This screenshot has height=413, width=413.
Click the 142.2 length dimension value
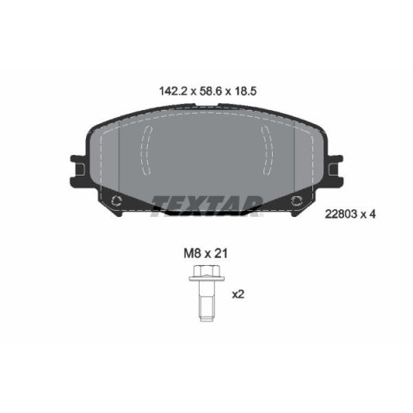pyautogui.click(x=173, y=91)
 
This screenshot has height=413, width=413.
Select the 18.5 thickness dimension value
pyautogui.click(x=245, y=91)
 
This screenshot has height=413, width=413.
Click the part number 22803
pyautogui.click(x=341, y=214)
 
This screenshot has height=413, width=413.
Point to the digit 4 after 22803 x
pyautogui.click(x=373, y=214)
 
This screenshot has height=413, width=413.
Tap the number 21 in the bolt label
pyautogui.click(x=221, y=254)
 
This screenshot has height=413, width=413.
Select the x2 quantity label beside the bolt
pyautogui.click(x=238, y=294)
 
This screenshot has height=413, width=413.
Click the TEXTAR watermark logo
pyautogui.click(x=206, y=206)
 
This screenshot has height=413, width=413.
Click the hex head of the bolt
pyautogui.click(x=206, y=271)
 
